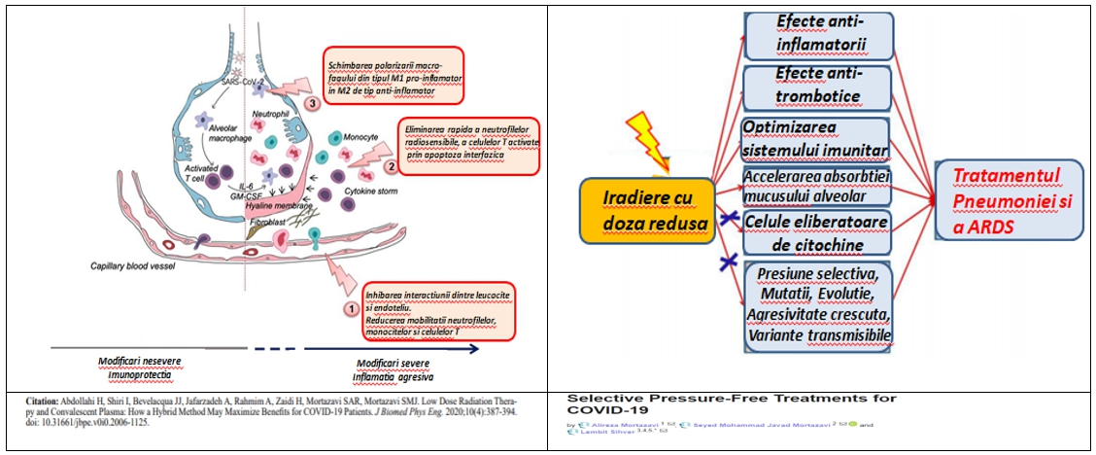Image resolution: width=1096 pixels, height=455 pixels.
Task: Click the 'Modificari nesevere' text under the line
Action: click(146, 362)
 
